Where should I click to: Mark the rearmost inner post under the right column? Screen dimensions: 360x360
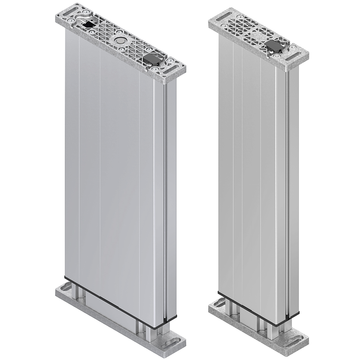pos(228,304)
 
